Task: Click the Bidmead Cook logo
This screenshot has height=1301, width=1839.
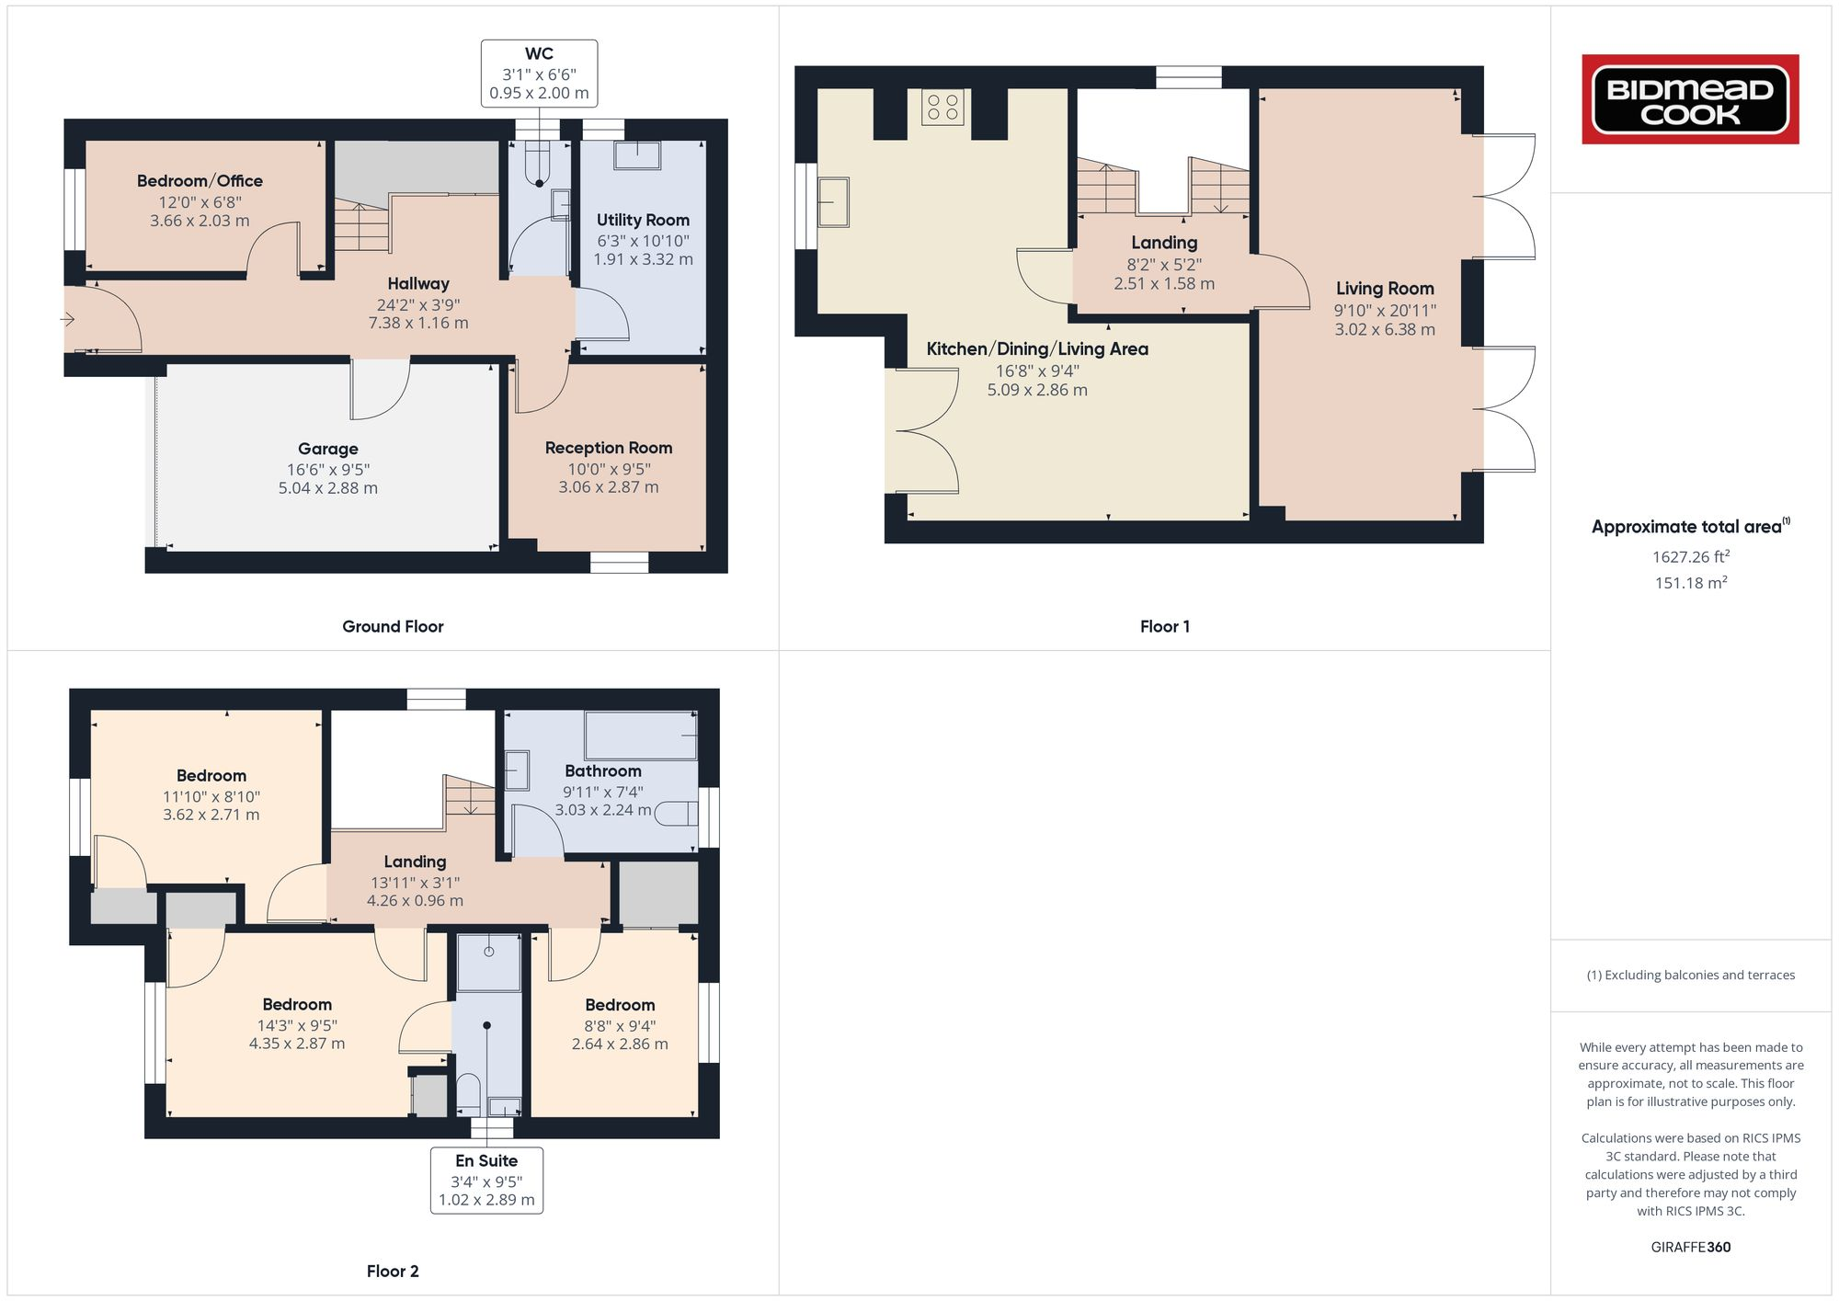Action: (x=1690, y=99)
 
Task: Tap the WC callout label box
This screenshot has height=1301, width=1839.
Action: (x=539, y=73)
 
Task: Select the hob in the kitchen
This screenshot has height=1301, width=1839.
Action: (x=942, y=108)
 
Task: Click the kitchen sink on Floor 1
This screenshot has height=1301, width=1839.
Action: (x=834, y=202)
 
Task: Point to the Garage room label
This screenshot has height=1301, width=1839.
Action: (x=328, y=449)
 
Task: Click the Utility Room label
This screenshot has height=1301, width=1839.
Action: (x=643, y=220)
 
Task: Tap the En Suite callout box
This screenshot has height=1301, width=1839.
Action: (x=486, y=1180)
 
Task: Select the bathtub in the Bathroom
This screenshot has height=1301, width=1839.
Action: (x=641, y=735)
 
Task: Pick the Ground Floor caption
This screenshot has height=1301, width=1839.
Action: (x=393, y=626)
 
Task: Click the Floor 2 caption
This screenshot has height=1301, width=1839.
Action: (x=393, y=1271)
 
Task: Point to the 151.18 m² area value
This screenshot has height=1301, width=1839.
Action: (x=1690, y=583)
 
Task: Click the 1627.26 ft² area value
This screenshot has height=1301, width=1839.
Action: (x=1690, y=556)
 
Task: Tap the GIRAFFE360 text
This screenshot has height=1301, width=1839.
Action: (x=1690, y=1247)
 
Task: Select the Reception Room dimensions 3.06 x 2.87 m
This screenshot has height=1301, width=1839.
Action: (x=609, y=487)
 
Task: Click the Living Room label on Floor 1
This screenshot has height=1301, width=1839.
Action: (x=1385, y=288)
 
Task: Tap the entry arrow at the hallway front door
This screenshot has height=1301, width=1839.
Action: (x=68, y=319)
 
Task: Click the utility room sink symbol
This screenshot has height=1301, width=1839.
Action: (x=637, y=155)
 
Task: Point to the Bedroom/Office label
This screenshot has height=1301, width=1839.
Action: (x=200, y=181)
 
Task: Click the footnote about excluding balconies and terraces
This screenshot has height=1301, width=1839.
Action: (x=1690, y=975)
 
